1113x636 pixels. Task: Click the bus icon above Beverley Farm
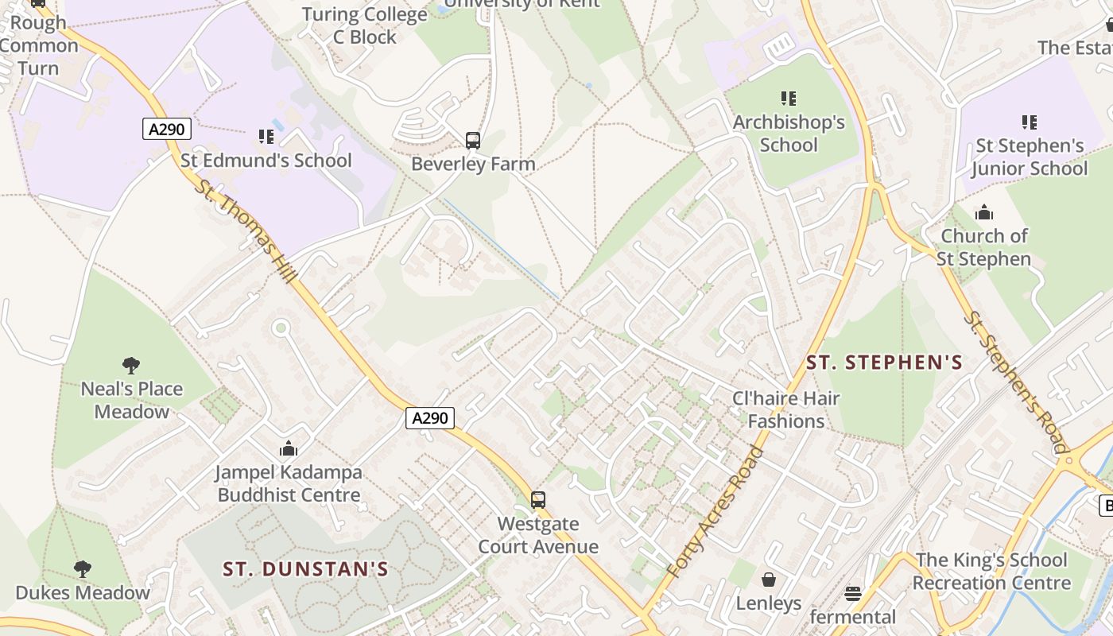tap(473, 141)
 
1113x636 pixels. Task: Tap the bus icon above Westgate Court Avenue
tap(538, 500)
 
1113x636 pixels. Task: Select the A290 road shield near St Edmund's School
tap(167, 129)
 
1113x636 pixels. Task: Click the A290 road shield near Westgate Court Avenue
tap(430, 417)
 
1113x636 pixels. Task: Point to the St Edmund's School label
tap(266, 161)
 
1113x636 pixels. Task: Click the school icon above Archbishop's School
tap(789, 99)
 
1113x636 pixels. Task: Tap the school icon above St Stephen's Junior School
tap(1030, 122)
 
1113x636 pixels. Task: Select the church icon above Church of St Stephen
tap(984, 212)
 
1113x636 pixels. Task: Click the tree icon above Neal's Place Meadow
tap(131, 366)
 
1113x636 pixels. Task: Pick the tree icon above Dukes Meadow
tap(82, 569)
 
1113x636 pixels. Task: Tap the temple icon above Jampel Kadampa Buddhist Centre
tap(289, 449)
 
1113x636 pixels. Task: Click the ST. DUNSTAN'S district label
tap(305, 569)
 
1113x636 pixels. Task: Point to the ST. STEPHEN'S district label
tap(884, 363)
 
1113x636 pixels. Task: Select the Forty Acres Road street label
tap(715, 512)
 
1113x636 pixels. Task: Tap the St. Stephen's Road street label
tap(1017, 382)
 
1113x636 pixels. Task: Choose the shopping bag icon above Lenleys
tap(769, 580)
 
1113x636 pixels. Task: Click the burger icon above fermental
tap(853, 594)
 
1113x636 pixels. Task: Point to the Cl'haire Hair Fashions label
tap(785, 409)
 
